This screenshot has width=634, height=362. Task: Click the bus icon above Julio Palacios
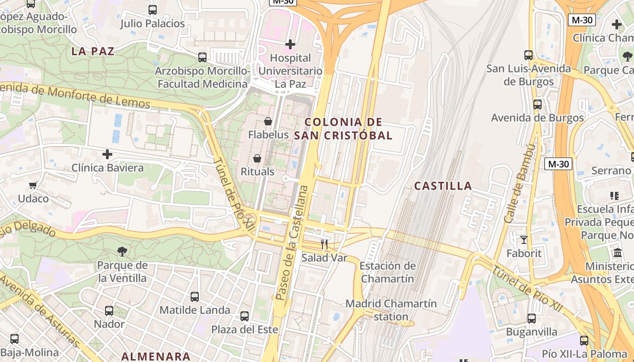(153, 10)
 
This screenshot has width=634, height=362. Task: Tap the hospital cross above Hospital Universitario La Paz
(290, 44)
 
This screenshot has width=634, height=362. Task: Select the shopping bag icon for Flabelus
(268, 121)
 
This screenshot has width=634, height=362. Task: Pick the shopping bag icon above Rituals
(257, 158)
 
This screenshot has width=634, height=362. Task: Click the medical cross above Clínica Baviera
(107, 155)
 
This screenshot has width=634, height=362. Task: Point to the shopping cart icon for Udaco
(33, 185)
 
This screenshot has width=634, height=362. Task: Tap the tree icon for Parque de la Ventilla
(122, 252)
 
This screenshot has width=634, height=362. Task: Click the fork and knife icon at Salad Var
(324, 244)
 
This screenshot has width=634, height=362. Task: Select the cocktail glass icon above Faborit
(524, 239)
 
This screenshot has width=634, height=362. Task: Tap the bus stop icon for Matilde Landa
(195, 297)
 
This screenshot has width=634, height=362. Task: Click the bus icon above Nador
(109, 311)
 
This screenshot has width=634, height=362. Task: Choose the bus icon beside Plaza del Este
(245, 316)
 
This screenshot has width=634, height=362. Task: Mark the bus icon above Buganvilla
(532, 319)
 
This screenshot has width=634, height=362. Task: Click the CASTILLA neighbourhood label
(443, 186)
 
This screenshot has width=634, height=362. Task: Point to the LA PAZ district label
(93, 51)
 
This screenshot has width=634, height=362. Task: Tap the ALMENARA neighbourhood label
(156, 356)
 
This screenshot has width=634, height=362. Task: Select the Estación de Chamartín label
(387, 272)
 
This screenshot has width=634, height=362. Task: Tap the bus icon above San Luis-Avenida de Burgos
(528, 55)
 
